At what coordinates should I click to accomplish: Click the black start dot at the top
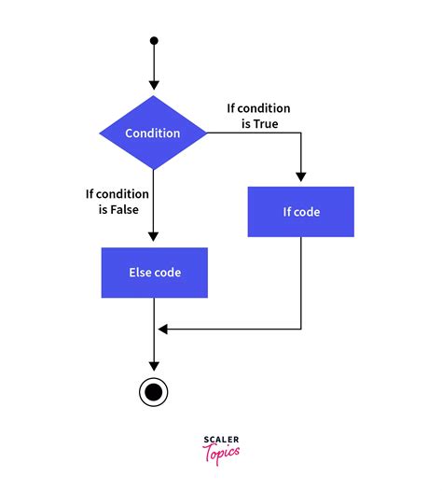click(x=154, y=41)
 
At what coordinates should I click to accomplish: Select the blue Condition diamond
click(x=154, y=133)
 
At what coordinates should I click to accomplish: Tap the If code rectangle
click(x=301, y=212)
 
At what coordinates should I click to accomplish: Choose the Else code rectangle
click(x=154, y=273)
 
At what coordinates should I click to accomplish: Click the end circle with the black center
click(x=154, y=392)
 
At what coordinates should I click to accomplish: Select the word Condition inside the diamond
click(x=154, y=133)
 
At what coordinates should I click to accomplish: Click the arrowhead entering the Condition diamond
click(x=154, y=90)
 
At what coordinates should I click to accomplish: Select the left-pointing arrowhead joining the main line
click(x=162, y=329)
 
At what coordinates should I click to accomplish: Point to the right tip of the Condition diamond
click(x=206, y=133)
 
